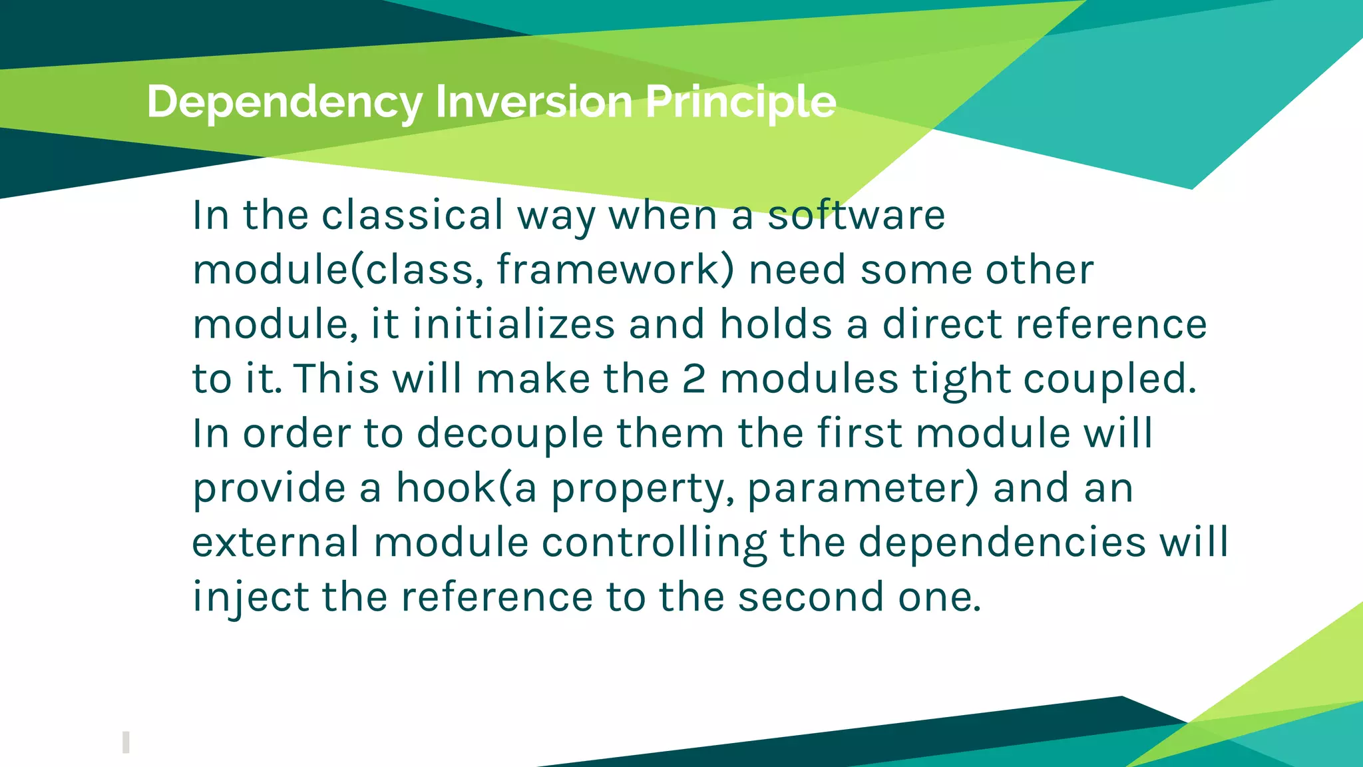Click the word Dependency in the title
284,102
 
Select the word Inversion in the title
533,102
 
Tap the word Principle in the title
740,102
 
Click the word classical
413,215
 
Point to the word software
856,215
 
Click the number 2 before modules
693,379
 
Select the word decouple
509,434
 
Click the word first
859,433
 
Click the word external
276,542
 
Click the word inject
250,597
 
